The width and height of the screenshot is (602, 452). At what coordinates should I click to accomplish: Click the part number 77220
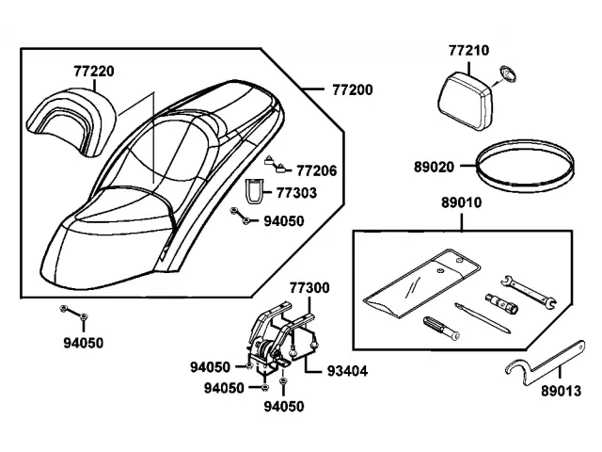pos(93,70)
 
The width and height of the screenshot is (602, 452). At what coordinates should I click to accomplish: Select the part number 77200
pos(352,90)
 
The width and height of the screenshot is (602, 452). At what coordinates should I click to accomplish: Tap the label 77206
pos(317,171)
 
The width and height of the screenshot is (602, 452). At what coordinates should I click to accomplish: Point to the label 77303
pos(296,193)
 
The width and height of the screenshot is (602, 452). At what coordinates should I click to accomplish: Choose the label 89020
pos(434,168)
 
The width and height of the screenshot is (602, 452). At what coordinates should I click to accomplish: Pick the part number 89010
pos(461,202)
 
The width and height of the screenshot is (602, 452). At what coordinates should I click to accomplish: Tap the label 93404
pos(348,371)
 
